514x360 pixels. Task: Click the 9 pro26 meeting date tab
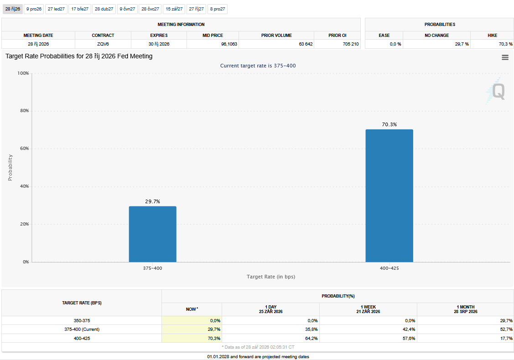pyautogui.click(x=34, y=9)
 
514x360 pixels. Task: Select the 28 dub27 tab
pyautogui.click(x=104, y=9)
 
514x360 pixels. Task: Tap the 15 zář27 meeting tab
pyautogui.click(x=174, y=9)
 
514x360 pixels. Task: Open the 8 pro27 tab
pyautogui.click(x=218, y=9)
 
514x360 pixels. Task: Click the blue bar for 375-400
pyautogui.click(x=152, y=234)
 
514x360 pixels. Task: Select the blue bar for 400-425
pyautogui.click(x=389, y=195)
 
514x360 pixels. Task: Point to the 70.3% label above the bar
pyautogui.click(x=389, y=124)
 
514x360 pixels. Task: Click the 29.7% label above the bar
pyautogui.click(x=152, y=201)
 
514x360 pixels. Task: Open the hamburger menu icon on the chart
pyautogui.click(x=505, y=57)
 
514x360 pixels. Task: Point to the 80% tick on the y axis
pyautogui.click(x=25, y=111)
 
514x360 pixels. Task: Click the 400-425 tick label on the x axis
pyautogui.click(x=389, y=268)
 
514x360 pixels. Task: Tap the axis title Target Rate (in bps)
pyautogui.click(x=271, y=277)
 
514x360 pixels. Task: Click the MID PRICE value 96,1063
pyautogui.click(x=229, y=44)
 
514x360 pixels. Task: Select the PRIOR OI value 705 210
pyautogui.click(x=351, y=44)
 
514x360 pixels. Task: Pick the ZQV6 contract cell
pyautogui.click(x=103, y=44)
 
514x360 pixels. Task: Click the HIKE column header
pyautogui.click(x=492, y=36)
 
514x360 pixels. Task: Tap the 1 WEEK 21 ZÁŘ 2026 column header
pyautogui.click(x=368, y=309)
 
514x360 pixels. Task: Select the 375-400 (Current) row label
pyautogui.click(x=82, y=329)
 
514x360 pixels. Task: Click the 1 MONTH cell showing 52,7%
pyautogui.click(x=506, y=329)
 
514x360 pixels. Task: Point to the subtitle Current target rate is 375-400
pyautogui.click(x=258, y=66)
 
